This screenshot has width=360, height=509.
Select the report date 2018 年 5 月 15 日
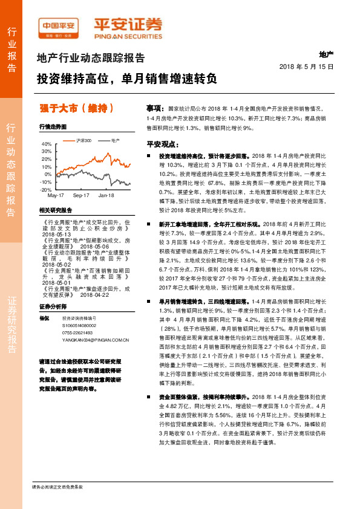(x=306, y=66)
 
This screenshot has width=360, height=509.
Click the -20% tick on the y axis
(x=47, y=189)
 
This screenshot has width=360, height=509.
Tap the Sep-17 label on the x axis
(x=81, y=196)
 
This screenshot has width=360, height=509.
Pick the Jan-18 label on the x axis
(x=106, y=196)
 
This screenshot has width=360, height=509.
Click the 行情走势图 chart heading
(x=52, y=128)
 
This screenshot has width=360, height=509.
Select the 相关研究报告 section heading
(x=55, y=210)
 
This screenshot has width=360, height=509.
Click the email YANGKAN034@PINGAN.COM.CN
(x=96, y=340)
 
